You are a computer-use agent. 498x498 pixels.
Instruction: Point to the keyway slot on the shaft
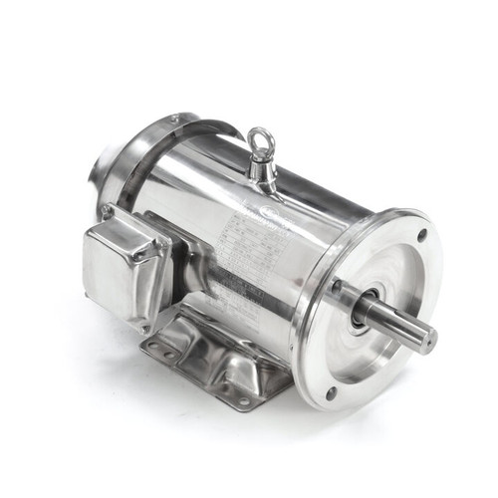398,319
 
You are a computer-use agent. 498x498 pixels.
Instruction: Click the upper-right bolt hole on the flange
422,236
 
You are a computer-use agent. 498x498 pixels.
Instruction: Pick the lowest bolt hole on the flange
331,392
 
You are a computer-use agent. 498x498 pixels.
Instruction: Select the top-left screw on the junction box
105,211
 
